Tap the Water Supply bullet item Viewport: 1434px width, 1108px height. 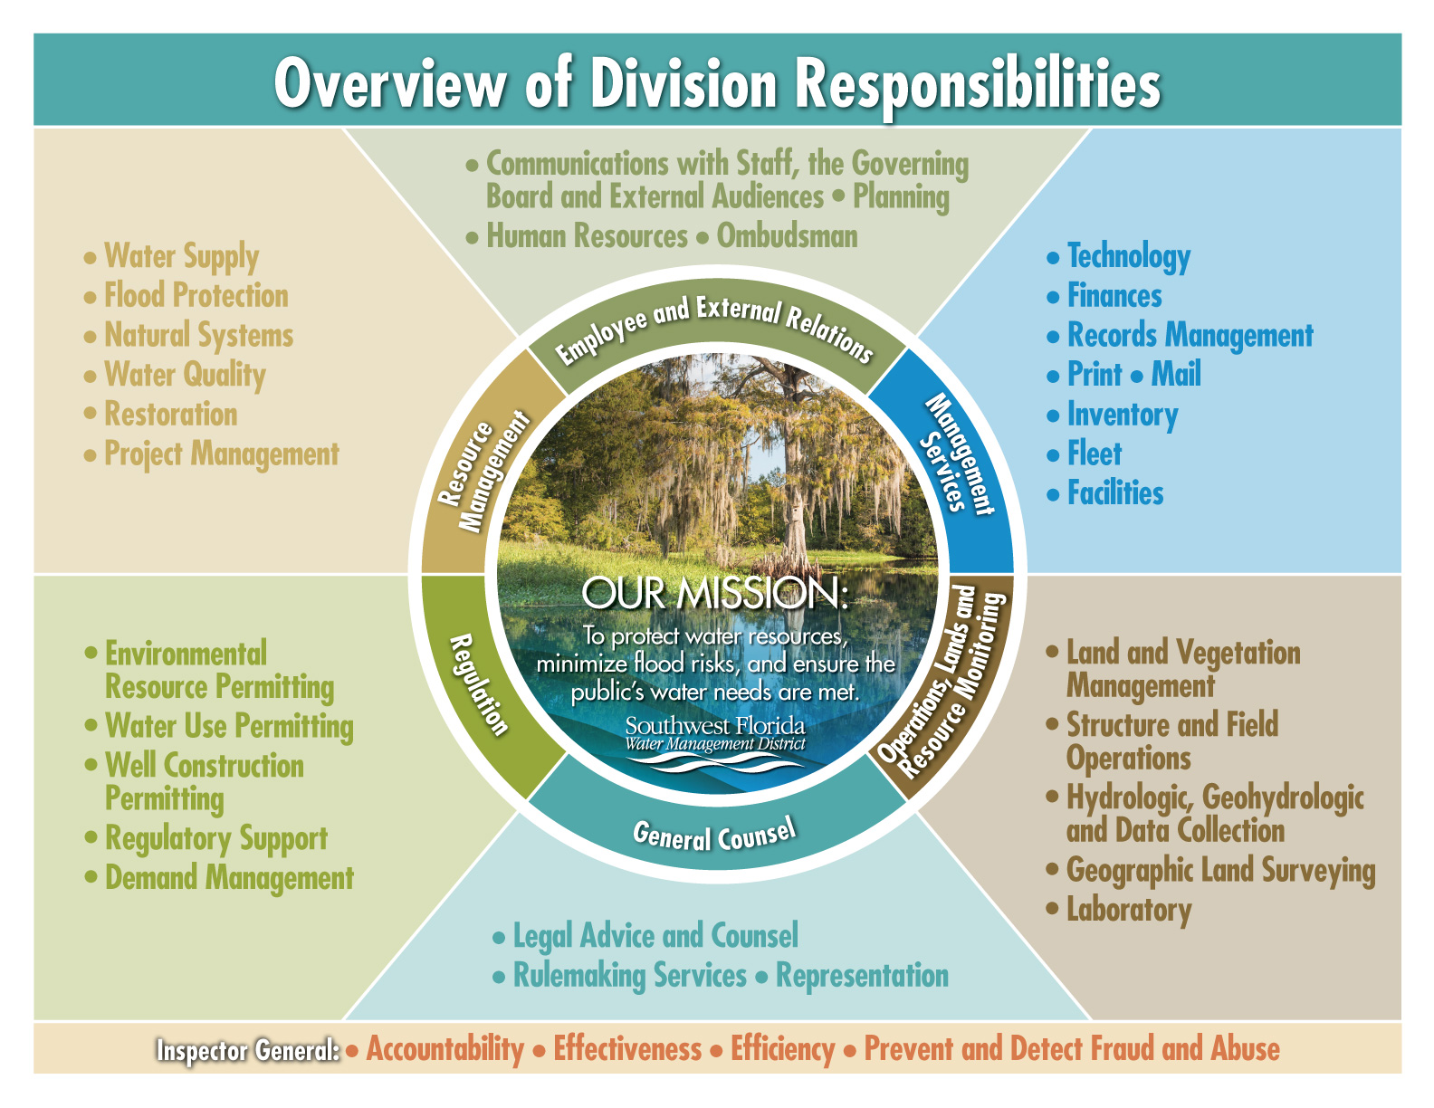pyautogui.click(x=181, y=256)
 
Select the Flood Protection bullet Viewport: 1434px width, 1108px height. pyautogui.click(x=196, y=296)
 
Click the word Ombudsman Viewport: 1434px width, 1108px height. pyautogui.click(x=787, y=236)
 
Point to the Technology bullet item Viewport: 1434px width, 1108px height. pyautogui.click(x=1128, y=256)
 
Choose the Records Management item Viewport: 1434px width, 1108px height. pyautogui.click(x=1190, y=335)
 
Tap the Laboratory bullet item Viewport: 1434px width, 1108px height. pyautogui.click(x=1128, y=909)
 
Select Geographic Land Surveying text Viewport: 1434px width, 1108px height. pyautogui.click(x=1219, y=870)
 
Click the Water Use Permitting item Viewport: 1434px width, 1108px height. pyautogui.click(x=229, y=726)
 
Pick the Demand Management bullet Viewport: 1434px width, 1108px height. pyautogui.click(x=229, y=878)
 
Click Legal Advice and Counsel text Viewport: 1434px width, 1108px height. pyautogui.click(x=655, y=936)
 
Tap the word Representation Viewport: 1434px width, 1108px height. pyautogui.click(x=862, y=976)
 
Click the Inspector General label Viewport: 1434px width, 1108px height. pyautogui.click(x=247, y=1050)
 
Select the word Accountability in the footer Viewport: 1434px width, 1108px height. pyautogui.click(x=445, y=1049)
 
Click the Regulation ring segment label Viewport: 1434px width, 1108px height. pyautogui.click(x=479, y=684)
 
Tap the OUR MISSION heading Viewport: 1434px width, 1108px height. pyautogui.click(x=714, y=593)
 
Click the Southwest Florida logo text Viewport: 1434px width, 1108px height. pyautogui.click(x=714, y=726)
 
